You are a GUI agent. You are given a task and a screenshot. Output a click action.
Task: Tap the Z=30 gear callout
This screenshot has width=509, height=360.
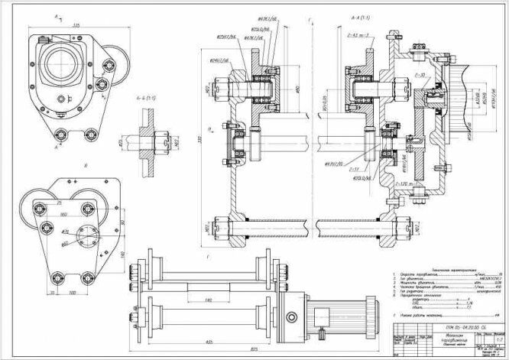click(419, 76)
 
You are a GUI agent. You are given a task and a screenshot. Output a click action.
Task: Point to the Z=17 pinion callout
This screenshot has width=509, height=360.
click(355, 169)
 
